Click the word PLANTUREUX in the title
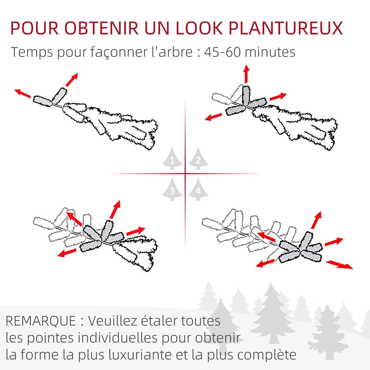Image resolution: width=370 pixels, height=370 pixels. (286, 28)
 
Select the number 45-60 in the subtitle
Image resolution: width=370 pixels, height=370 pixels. (223, 52)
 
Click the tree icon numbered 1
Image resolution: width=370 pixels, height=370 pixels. (172, 158)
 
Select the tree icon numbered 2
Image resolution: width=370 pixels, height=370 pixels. (198, 158)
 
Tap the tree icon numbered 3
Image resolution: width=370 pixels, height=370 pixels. (172, 189)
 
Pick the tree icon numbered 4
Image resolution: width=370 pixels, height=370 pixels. (198, 189)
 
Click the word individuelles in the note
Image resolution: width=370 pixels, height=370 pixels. (118, 338)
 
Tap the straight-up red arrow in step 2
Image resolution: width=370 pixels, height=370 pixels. (246, 74)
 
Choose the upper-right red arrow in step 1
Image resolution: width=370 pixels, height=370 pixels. (72, 80)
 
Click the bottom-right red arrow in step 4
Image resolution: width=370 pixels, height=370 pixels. (340, 265)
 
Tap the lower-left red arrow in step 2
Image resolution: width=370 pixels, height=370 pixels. (213, 117)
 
